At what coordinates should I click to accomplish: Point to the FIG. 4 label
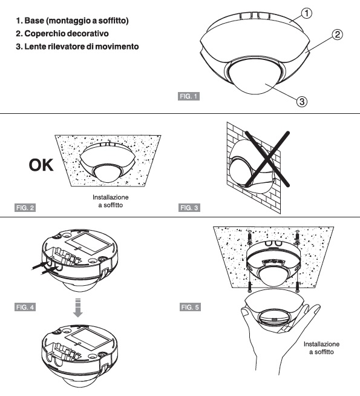click(x=24, y=307)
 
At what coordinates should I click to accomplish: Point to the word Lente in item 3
click(x=39, y=47)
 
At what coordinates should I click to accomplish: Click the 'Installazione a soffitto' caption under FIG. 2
click(x=111, y=202)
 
